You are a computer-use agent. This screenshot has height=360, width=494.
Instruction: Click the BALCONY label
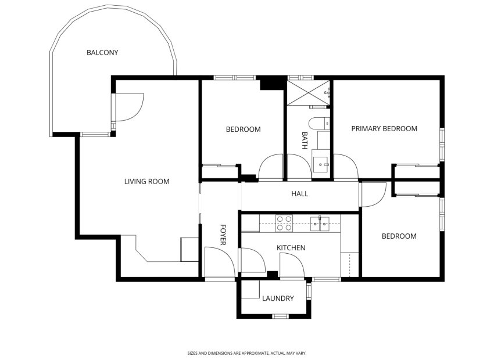(102, 53)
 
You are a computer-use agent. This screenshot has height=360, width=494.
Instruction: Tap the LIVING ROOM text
(146, 182)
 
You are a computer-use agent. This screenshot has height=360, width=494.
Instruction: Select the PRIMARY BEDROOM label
(384, 129)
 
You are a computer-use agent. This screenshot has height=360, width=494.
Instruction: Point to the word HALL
(299, 194)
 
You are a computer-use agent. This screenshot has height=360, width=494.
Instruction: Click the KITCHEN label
(291, 248)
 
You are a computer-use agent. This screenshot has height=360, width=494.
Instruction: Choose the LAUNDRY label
(277, 298)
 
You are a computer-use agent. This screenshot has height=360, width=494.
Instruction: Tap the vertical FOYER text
(223, 235)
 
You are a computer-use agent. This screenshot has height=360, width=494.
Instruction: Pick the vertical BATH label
(304, 141)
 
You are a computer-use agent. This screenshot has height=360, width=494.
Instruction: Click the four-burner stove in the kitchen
(284, 223)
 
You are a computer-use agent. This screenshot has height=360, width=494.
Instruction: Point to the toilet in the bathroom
(318, 123)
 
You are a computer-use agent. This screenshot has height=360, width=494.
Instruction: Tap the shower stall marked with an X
(307, 92)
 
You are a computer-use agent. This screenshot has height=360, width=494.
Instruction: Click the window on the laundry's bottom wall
(281, 316)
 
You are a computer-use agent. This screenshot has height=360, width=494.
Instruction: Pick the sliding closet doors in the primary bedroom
(417, 165)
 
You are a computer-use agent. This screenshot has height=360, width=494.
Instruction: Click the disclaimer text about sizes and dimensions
(246, 352)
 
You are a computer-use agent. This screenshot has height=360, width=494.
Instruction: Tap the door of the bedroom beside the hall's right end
(372, 194)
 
